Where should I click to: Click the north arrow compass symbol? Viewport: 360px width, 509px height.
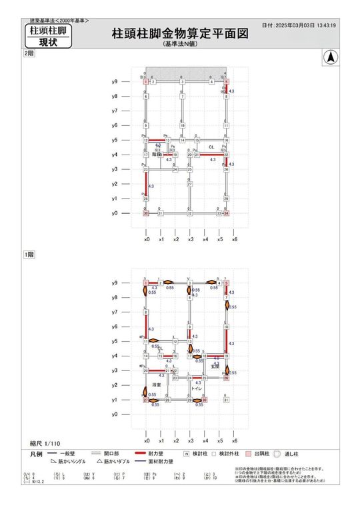[329, 59]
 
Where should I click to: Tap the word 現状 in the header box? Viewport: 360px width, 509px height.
[47, 42]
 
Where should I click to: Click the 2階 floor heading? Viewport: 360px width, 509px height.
[28, 53]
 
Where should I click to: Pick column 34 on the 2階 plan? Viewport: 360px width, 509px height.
[227, 213]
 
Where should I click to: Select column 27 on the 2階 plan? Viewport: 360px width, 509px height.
[189, 184]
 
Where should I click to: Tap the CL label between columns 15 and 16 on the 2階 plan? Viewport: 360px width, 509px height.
[211, 147]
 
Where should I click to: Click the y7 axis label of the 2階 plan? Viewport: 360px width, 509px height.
[115, 111]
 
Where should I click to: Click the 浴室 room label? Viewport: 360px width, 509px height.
[157, 385]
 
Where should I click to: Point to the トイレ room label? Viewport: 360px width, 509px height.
[196, 388]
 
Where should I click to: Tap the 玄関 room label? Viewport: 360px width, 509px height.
[215, 366]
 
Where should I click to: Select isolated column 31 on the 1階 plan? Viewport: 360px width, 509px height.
[227, 400]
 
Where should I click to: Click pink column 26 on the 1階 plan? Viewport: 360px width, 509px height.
[227, 378]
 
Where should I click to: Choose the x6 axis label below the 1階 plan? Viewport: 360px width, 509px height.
[234, 441]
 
